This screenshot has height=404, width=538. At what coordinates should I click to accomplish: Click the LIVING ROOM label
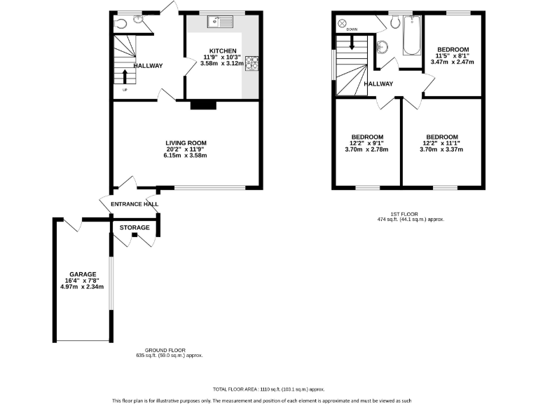[186, 143]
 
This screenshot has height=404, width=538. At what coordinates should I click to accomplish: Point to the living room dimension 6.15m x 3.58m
[186, 156]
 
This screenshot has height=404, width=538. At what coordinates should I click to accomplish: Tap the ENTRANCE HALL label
[134, 204]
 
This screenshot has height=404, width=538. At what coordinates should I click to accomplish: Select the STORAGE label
[134, 228]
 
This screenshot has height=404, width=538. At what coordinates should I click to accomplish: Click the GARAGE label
[82, 274]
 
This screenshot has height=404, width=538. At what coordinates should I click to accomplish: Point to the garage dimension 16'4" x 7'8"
[82, 281]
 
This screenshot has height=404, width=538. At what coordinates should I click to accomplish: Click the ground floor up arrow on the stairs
[126, 75]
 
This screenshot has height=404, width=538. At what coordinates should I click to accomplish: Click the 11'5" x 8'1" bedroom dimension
[454, 55]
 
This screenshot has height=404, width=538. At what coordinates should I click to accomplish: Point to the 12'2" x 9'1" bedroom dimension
[367, 143]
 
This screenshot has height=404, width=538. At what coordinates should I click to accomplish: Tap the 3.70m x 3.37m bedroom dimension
[442, 149]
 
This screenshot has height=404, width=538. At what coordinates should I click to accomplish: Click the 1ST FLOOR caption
[411, 214]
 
